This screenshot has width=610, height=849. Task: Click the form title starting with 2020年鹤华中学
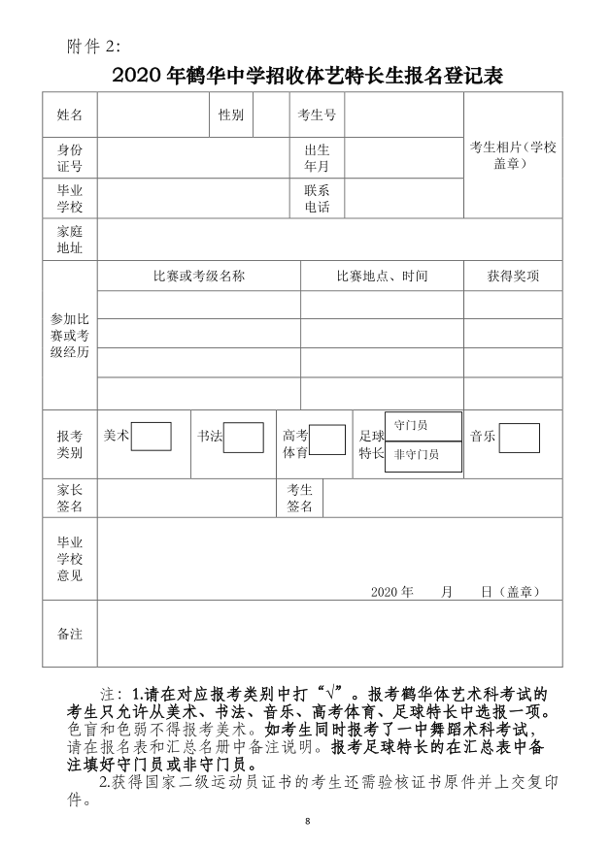(305, 75)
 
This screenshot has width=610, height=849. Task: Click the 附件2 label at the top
(95, 46)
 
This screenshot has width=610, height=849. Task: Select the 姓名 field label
(70, 115)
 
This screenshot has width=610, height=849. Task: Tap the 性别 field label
(231, 115)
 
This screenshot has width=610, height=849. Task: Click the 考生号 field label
(317, 115)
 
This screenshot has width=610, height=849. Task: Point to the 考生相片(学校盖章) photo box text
(513, 155)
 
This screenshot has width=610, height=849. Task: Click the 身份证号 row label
(70, 158)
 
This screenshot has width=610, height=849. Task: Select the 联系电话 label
(317, 199)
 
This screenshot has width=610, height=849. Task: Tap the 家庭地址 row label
(70, 240)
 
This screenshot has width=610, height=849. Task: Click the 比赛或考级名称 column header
(199, 277)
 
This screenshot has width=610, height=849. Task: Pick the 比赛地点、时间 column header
(382, 277)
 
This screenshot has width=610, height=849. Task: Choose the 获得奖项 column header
(513, 277)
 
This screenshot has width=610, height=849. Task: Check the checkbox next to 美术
(151, 437)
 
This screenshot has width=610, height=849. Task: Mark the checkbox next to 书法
(243, 438)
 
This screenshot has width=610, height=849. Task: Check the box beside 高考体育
(327, 440)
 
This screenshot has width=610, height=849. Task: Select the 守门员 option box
(423, 426)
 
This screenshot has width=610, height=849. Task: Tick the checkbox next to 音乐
(520, 438)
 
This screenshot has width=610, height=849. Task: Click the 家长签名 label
(70, 498)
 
